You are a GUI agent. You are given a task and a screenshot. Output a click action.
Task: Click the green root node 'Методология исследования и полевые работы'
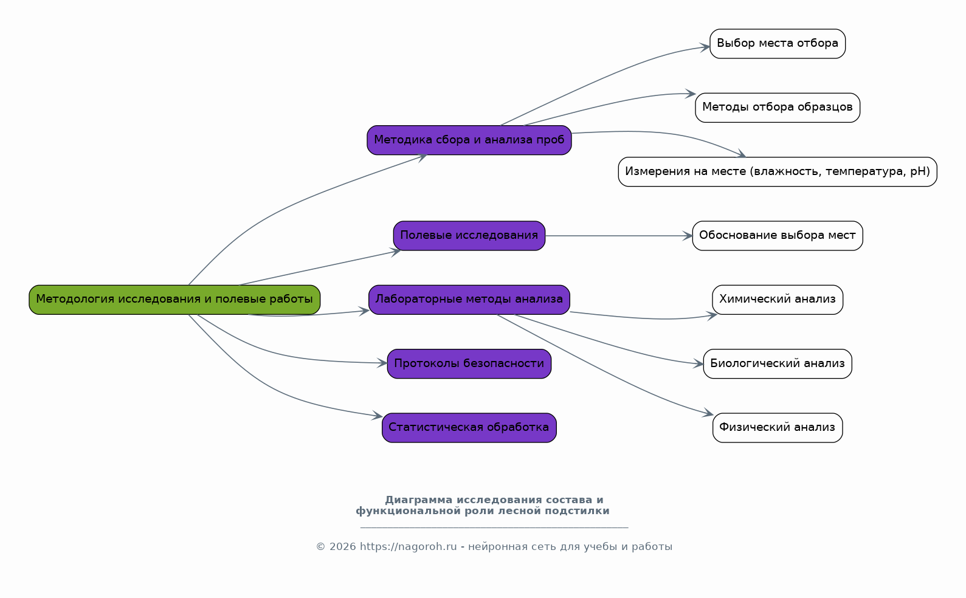pos(174,300)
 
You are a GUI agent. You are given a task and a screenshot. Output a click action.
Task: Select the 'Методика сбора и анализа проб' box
pos(469,140)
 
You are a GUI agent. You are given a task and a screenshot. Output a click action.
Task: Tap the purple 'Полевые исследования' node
pos(469,236)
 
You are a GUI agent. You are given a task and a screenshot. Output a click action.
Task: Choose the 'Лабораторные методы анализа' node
pos(469,300)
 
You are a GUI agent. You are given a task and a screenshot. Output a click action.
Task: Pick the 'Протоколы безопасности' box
pos(469,364)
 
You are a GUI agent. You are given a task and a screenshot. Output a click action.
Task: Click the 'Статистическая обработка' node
pos(469,428)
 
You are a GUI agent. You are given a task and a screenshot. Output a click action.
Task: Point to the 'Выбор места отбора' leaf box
pos(778,44)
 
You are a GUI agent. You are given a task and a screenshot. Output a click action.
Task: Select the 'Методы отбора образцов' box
pos(778,108)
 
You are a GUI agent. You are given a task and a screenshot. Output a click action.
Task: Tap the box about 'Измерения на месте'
pos(778,171)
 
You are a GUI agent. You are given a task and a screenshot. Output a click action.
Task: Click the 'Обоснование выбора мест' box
pos(778,236)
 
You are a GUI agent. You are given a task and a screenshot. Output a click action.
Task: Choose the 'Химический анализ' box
pos(778,300)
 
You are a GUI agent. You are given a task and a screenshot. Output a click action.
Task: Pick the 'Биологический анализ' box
pos(778,364)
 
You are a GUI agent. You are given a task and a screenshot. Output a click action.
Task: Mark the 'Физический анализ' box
pos(778,428)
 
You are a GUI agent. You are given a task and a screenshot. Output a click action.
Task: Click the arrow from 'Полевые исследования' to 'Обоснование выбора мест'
pos(619,236)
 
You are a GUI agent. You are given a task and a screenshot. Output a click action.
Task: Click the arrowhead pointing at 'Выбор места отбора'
pos(705,47)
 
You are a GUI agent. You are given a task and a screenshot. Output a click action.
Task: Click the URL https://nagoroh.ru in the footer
pos(408,547)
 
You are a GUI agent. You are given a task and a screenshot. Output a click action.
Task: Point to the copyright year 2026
pos(343,547)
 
